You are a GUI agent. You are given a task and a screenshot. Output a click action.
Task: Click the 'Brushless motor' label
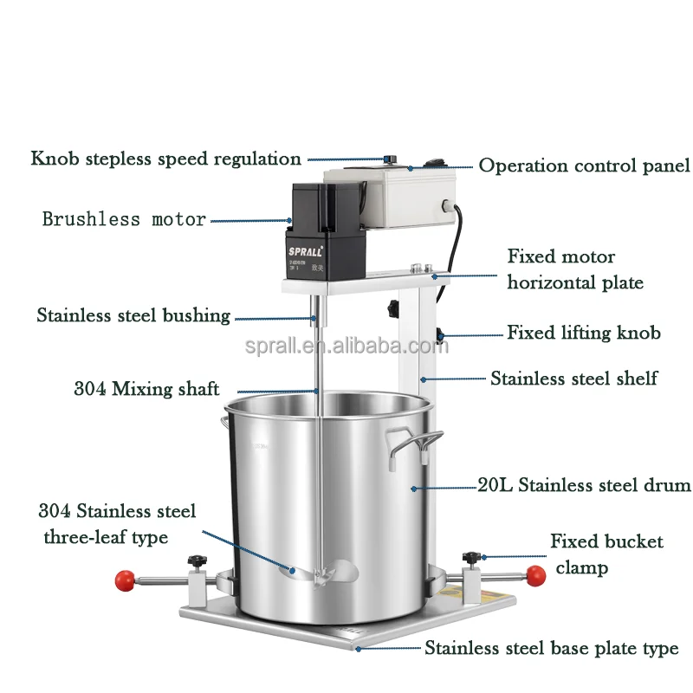click(125, 219)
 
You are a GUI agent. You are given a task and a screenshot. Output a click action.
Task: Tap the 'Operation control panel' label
click(584, 165)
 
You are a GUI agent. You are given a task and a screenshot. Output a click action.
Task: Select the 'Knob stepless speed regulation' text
click(166, 159)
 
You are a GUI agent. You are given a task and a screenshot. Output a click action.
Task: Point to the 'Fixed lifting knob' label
click(583, 333)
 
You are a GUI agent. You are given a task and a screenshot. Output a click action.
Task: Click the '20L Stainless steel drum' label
click(584, 485)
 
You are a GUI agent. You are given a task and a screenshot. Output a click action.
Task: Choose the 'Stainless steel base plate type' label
click(551, 648)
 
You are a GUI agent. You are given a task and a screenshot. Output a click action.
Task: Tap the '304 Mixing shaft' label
click(146, 389)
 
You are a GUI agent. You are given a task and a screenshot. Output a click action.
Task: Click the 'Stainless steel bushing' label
click(133, 315)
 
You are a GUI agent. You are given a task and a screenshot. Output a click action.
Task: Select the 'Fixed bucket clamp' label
click(606, 554)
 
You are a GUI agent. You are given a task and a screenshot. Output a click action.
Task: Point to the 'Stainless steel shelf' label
click(573, 378)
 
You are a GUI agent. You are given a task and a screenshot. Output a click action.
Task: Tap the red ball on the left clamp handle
click(125, 578)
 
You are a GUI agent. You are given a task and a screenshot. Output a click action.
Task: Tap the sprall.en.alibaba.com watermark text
click(346, 347)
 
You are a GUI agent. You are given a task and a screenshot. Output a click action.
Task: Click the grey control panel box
click(390, 198)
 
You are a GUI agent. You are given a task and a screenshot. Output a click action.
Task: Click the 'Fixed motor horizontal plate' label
click(573, 269)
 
